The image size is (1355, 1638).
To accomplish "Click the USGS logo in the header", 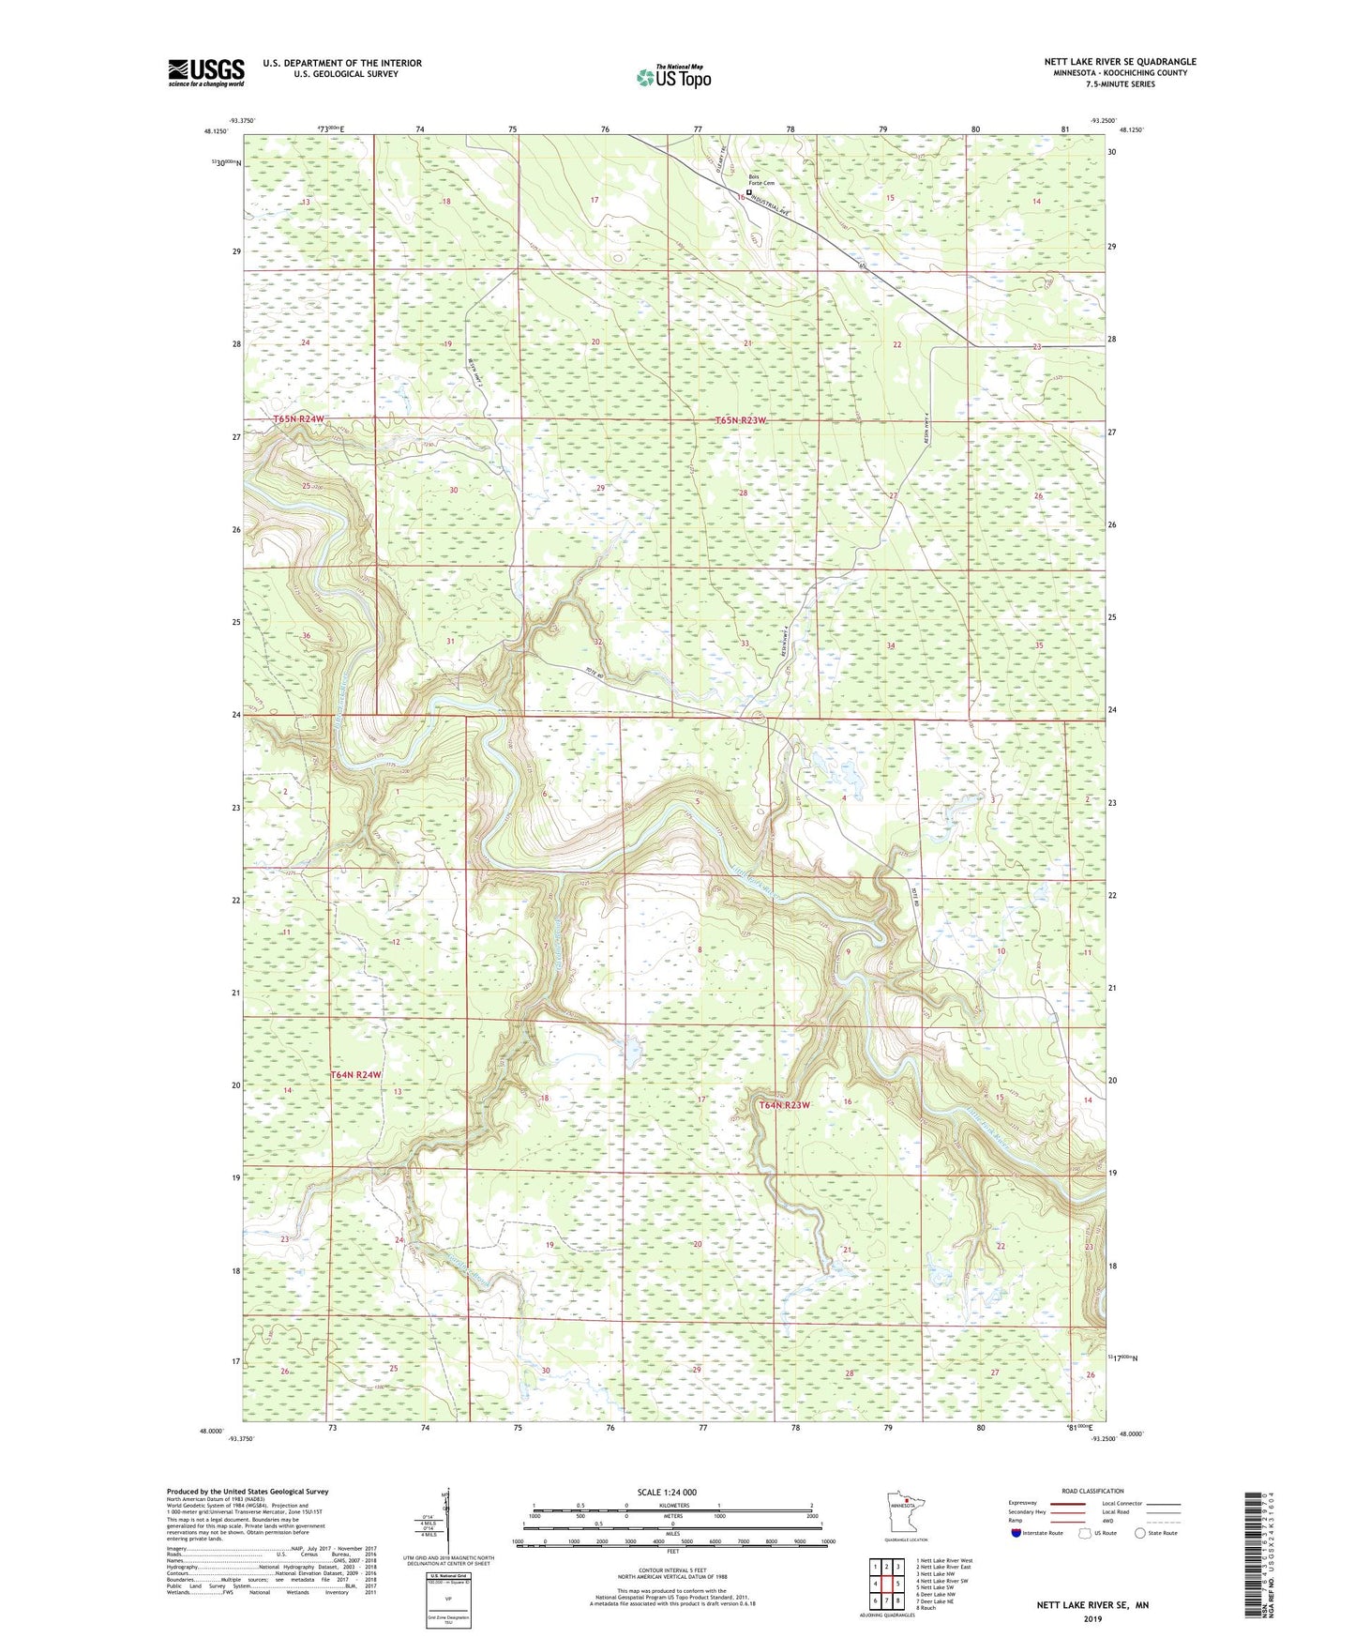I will coord(206,72).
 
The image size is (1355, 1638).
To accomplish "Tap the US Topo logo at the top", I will coord(672,77).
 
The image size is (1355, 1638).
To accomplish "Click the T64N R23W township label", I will coord(784,1105).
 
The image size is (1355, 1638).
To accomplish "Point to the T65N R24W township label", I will coord(298,419).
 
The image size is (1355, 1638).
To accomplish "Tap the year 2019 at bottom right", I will coord(1092,1618).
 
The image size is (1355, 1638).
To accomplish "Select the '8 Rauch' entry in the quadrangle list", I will coord(926,1608).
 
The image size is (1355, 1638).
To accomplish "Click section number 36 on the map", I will coord(306,636).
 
